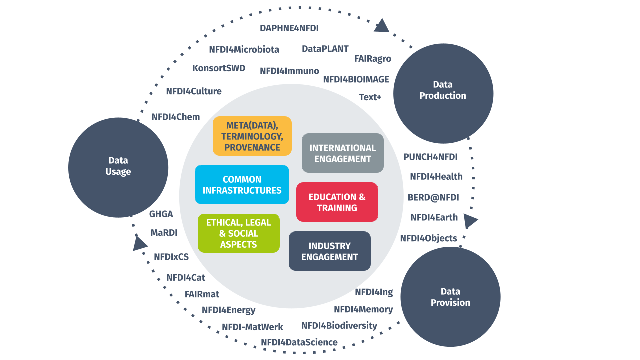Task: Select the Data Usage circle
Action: coord(118,167)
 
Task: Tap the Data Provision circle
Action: coord(450,297)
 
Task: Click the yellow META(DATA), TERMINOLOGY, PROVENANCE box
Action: coord(252,136)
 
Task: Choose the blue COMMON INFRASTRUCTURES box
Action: coord(242,185)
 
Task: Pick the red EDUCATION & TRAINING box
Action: coord(337,202)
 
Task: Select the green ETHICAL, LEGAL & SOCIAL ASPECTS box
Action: coord(238,233)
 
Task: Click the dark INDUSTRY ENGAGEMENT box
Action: coord(329,251)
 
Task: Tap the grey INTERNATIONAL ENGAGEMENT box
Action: coord(342,153)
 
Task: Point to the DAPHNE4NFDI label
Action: coord(289,28)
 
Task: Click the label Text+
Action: coord(370,97)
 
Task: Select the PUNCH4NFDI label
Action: coord(430,157)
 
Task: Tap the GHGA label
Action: coord(161,214)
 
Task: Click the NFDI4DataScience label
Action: coord(299,342)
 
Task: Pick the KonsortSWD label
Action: coord(219,68)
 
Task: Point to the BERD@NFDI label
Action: coord(433,197)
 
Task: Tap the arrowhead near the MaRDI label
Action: coord(140,243)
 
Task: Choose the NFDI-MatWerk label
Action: coord(252,327)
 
